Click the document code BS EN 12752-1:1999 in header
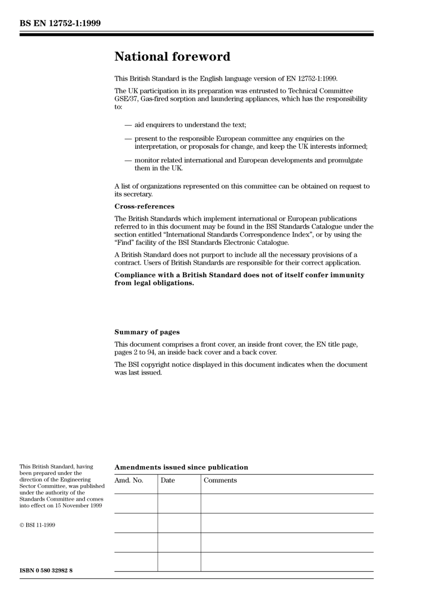[60, 23]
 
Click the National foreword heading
[172, 57]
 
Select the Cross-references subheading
[144, 207]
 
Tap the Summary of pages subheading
[147, 332]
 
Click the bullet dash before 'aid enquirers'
[128, 125]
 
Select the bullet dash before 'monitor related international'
[128, 161]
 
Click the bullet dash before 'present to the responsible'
[128, 139]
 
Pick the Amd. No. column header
[129, 481]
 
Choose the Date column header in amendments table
[167, 481]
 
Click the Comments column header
[220, 481]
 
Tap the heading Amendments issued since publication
[181, 468]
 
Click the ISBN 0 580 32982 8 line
[46, 571]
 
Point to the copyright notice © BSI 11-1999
[37, 525]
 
